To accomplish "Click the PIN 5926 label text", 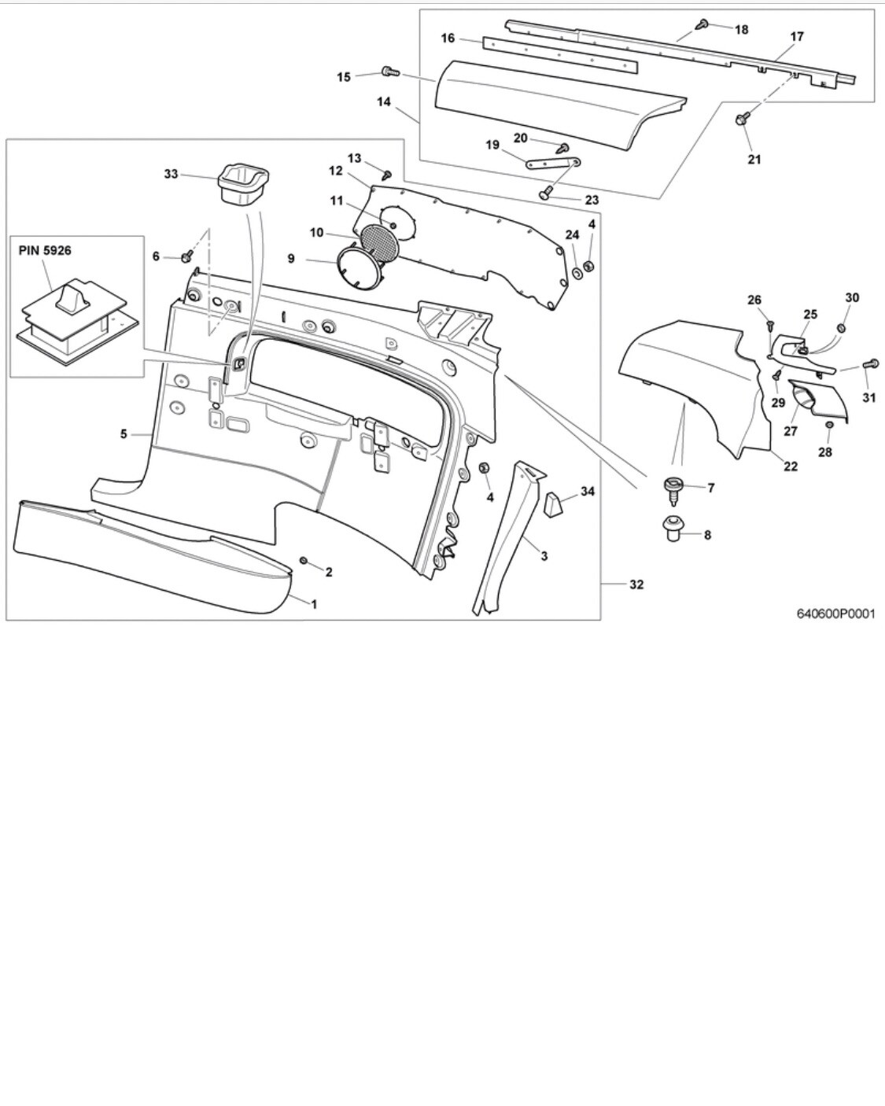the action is pyautogui.click(x=45, y=250).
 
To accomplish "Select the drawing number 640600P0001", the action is pyautogui.click(x=835, y=614).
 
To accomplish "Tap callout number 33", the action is pyautogui.click(x=171, y=174).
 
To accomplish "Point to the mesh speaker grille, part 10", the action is pyautogui.click(x=380, y=242).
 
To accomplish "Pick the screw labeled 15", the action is pyautogui.click(x=391, y=72).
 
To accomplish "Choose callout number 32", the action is pyautogui.click(x=636, y=584).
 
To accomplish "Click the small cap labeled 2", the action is pyautogui.click(x=304, y=559).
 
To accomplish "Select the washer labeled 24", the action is pyautogui.click(x=577, y=271).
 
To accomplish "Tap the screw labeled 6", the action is pyautogui.click(x=187, y=256).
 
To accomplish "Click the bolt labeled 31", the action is pyautogui.click(x=870, y=363).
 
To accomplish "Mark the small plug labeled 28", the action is pyautogui.click(x=828, y=425).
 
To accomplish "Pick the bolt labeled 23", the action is pyautogui.click(x=545, y=194).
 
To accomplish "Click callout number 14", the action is pyautogui.click(x=383, y=101).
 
